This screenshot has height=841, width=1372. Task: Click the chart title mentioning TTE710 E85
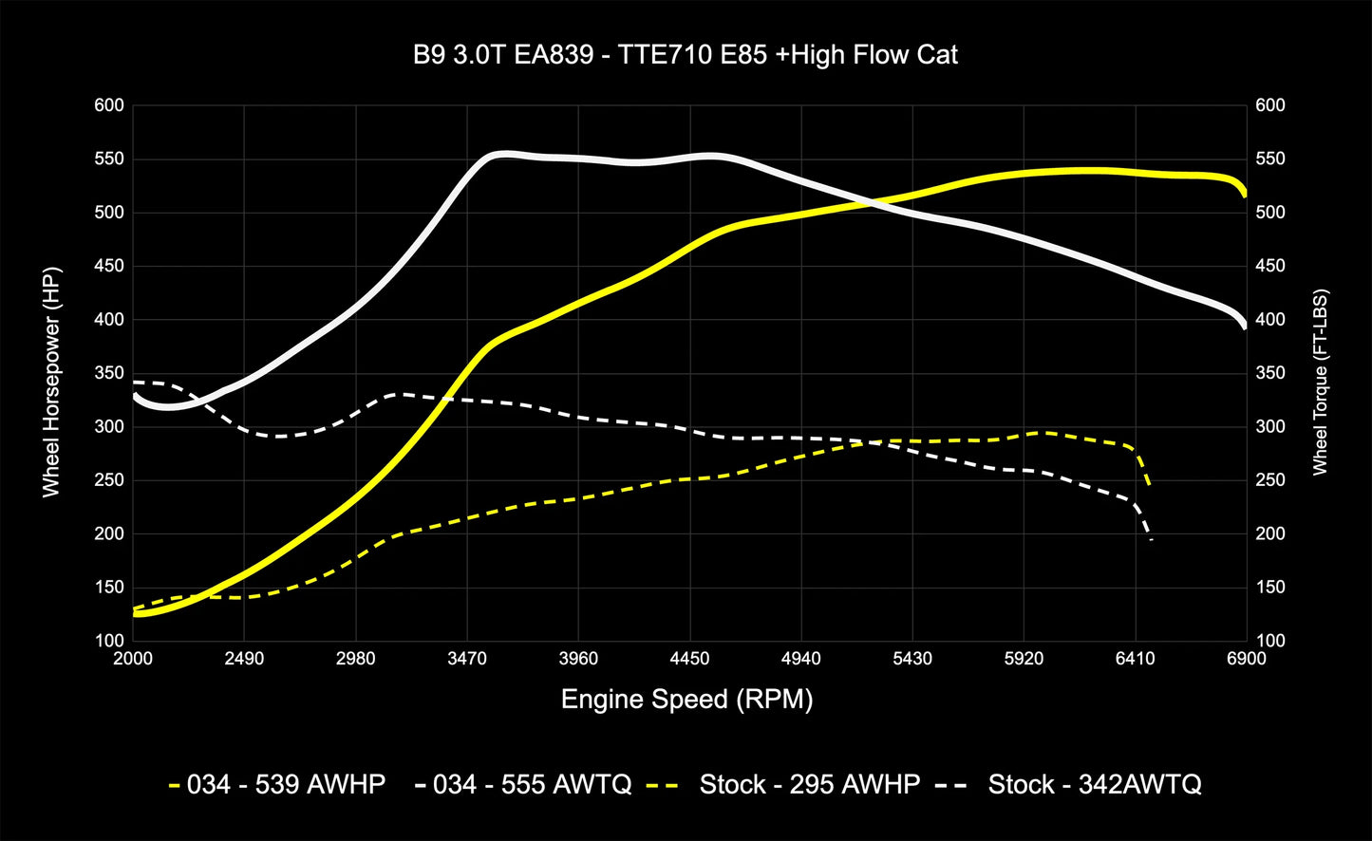pos(686,55)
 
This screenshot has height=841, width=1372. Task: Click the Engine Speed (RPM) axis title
pos(686,700)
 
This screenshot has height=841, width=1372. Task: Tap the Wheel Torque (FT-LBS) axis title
pos(1321,383)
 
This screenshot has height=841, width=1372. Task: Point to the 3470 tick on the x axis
pos(467,659)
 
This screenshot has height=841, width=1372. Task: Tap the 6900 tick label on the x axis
pos(1246,659)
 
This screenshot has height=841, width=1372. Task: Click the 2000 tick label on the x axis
pos(133,659)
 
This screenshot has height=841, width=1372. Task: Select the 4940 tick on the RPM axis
pos(800,659)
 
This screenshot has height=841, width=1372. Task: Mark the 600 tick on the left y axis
pos(110,105)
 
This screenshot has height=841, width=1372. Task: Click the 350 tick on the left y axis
pos(110,373)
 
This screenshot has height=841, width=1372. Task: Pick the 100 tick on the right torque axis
pos(1269,641)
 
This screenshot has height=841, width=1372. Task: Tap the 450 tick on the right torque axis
pos(1269,266)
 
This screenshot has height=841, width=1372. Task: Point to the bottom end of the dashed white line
pos(1152,541)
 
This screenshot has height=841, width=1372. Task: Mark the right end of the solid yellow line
pos(1245,195)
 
